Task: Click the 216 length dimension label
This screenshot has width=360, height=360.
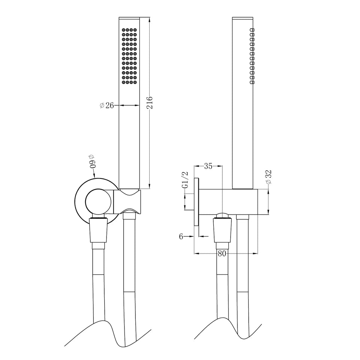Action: [150, 103]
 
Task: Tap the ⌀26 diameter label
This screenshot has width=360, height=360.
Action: [107, 105]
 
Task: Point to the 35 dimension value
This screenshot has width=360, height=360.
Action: [208, 166]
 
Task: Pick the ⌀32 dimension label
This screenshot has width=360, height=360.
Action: [268, 177]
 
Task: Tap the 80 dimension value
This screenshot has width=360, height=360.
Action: [222, 253]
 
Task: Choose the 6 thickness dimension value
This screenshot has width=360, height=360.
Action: [181, 237]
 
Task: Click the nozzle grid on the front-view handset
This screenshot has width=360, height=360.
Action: [129, 56]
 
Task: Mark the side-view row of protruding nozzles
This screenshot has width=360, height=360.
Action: [252, 56]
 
